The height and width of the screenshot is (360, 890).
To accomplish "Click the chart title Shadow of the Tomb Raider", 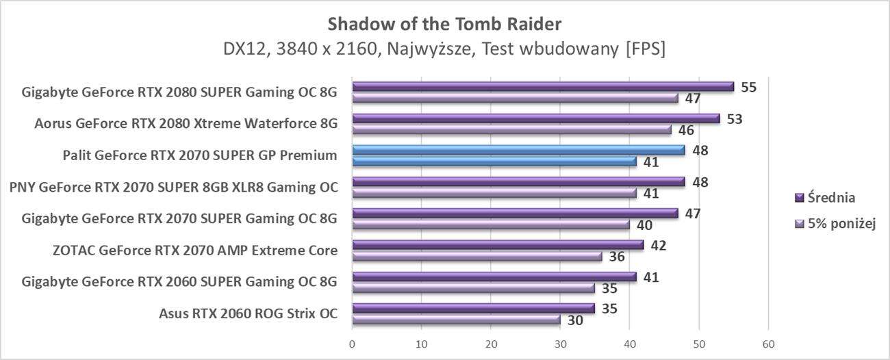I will (x=444, y=24).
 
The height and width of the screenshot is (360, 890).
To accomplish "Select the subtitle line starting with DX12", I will (x=444, y=49).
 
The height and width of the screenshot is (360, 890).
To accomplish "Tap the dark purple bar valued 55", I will (x=542, y=87).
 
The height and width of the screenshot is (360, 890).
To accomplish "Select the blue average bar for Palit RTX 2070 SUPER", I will (x=518, y=150).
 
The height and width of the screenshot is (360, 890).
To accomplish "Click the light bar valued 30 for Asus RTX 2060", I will (x=456, y=320).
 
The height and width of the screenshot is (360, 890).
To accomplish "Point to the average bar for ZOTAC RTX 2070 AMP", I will (x=498, y=245).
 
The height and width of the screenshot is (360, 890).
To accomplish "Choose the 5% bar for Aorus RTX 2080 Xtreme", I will (x=511, y=129).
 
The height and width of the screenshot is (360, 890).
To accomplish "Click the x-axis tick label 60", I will (x=768, y=343).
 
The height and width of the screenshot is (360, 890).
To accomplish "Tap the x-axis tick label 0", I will (x=352, y=343).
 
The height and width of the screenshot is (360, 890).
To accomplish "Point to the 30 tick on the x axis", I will (x=560, y=343).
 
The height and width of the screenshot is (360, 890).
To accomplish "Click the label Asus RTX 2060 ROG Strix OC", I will (x=248, y=314).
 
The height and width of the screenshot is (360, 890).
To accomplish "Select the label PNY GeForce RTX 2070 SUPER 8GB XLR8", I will (x=173, y=187).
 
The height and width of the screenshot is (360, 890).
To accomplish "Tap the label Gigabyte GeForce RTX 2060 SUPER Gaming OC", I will (x=179, y=282).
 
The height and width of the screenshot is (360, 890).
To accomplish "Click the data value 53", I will (x=735, y=119).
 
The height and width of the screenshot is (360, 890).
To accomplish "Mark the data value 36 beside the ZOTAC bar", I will (x=616, y=257).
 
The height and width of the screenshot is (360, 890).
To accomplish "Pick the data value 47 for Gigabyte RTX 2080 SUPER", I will (x=693, y=99).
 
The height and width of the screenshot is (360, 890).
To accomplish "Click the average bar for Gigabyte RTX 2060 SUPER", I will (x=494, y=277).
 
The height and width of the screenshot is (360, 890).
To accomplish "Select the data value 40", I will (x=644, y=225).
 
